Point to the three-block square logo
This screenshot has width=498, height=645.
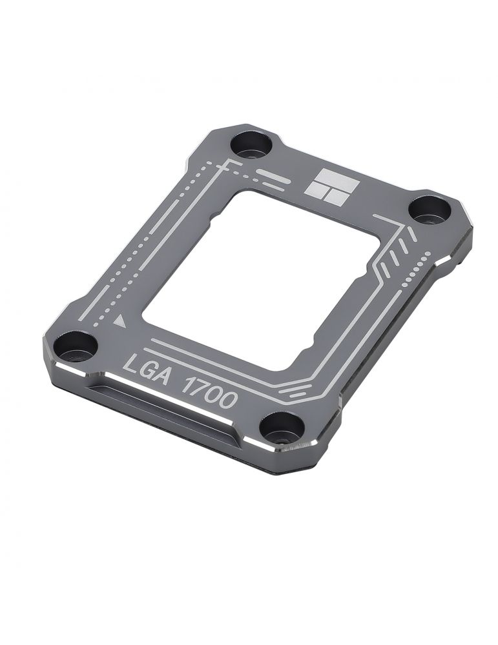[331, 188]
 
